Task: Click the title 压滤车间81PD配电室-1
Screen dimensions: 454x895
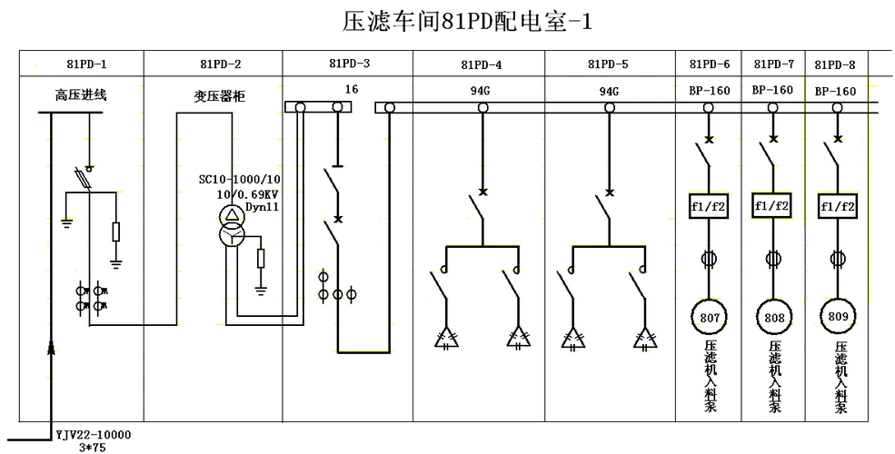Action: click(467, 22)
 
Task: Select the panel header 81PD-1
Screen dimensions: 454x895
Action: click(86, 64)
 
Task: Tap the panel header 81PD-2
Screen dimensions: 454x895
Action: click(220, 64)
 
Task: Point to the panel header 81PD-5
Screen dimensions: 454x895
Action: click(608, 64)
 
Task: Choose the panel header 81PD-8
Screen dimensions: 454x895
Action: click(835, 64)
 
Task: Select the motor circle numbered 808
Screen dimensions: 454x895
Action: click(774, 318)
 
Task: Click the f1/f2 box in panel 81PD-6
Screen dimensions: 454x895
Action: click(707, 205)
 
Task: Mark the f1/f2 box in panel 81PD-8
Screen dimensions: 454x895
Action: click(838, 205)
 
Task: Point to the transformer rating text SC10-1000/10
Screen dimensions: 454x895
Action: click(240, 179)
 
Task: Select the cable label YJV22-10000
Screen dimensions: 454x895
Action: click(94, 433)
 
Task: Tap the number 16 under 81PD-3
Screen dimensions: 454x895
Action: click(353, 89)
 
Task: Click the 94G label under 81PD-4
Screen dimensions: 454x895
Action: click(481, 92)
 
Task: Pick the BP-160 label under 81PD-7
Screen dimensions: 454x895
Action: click(772, 90)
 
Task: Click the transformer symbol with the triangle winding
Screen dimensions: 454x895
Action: click(234, 214)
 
